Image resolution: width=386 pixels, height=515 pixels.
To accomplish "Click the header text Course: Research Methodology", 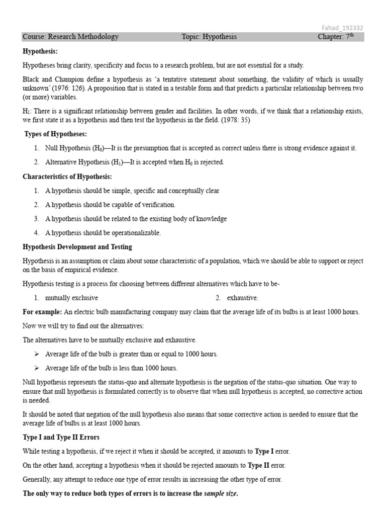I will (71, 37).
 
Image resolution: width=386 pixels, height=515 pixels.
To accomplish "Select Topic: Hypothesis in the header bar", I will (209, 37).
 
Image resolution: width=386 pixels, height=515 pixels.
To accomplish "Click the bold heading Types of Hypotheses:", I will (56, 134).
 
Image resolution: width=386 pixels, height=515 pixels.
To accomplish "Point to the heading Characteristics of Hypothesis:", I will (67, 177).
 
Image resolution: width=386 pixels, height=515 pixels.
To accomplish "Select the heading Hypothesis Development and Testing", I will (77, 247).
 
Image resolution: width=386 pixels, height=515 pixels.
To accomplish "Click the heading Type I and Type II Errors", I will (61, 437).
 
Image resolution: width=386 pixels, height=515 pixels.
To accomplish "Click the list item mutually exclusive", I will (71, 298).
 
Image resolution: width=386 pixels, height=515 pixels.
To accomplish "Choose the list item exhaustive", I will (242, 298).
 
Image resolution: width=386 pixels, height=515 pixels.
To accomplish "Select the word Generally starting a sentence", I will (38, 480).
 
